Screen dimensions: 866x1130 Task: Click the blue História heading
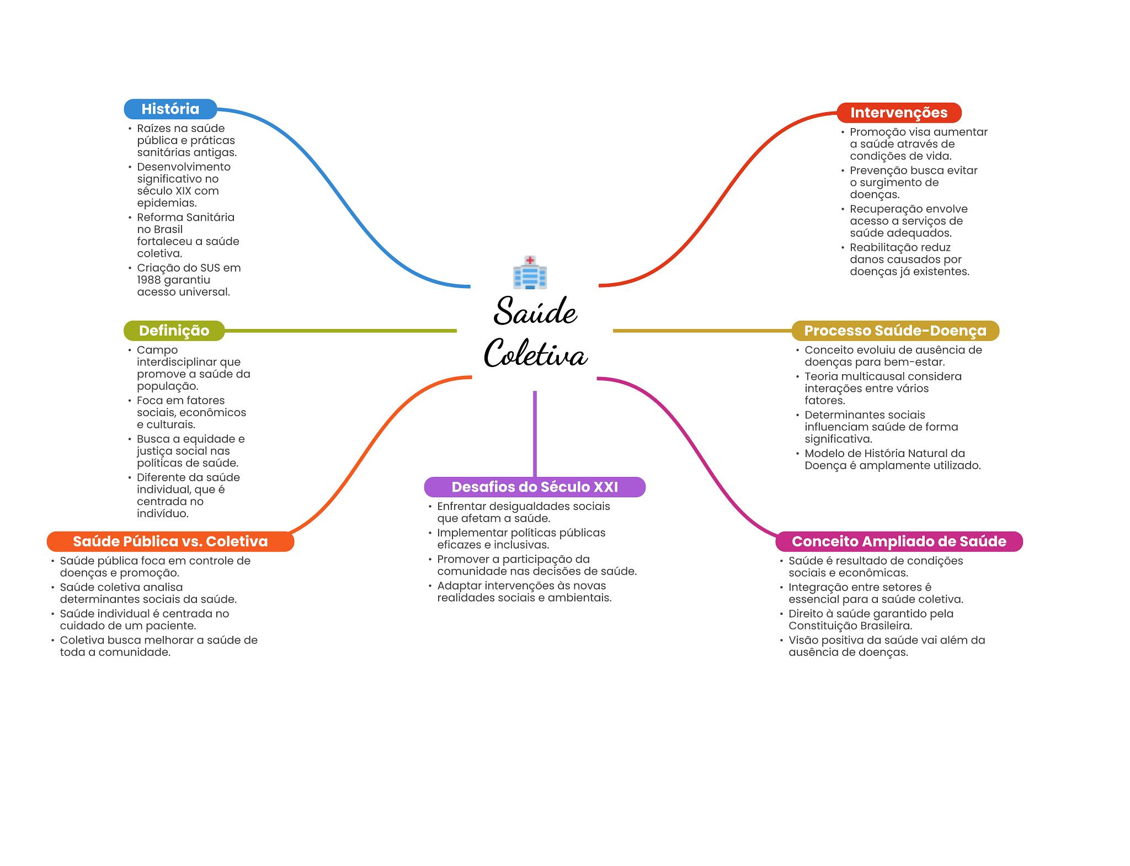[x=170, y=109]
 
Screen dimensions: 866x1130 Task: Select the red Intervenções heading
[x=898, y=113]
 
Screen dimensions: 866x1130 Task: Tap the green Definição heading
[x=174, y=331]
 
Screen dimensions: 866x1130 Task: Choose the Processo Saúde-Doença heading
[x=895, y=331]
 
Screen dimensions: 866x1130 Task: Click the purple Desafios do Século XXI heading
[x=535, y=487]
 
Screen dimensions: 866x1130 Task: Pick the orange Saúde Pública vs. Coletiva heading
[x=170, y=541]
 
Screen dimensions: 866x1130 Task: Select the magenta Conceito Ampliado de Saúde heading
[x=899, y=541]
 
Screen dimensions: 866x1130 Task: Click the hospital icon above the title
[x=530, y=272]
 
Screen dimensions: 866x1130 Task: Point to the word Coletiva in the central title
[x=535, y=354]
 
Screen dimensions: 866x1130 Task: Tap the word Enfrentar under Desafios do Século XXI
[x=461, y=506]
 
